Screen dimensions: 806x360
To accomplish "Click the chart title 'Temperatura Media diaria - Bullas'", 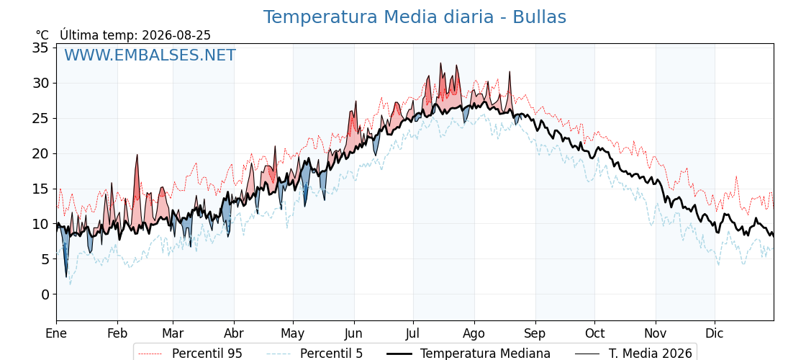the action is tap(415, 17).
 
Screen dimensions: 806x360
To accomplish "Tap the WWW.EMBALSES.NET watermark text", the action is tap(150, 55).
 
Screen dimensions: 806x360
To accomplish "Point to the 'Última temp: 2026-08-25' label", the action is tap(135, 35).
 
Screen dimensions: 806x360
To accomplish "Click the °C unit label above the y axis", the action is tap(42, 35).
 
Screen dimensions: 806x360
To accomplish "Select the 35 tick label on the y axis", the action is tap(40, 48).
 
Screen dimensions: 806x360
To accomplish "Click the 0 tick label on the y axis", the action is tap(45, 294).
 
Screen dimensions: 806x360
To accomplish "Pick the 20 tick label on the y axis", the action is tap(40, 153).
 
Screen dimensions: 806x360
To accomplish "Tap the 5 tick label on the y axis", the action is tap(45, 259).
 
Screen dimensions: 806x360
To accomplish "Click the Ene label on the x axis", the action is tap(56, 333).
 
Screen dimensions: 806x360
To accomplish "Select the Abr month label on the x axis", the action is tap(234, 333).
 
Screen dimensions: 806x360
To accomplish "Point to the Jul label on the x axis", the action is tap(413, 333).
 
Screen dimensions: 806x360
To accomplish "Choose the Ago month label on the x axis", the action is tap(474, 334).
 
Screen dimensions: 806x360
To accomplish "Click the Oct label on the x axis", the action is tap(594, 333).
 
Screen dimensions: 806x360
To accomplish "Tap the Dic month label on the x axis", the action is tap(715, 333).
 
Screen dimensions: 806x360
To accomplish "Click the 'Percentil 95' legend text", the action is tap(207, 354).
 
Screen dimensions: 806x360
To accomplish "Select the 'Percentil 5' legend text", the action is tap(331, 354).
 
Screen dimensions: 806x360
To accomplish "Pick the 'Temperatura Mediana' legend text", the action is tap(485, 354).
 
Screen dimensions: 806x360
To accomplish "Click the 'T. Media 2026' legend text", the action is tap(651, 354).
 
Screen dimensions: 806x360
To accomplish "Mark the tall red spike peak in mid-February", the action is tap(137, 155).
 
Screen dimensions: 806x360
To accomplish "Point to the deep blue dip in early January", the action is tap(65, 276).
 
